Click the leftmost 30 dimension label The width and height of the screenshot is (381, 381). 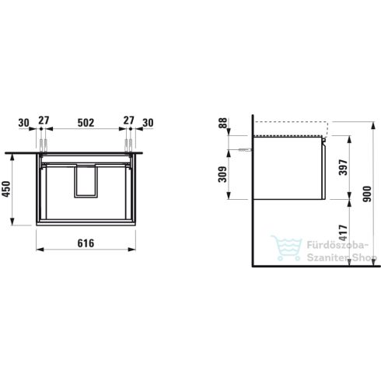[26, 121]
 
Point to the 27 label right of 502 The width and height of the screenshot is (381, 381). [128, 121]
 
